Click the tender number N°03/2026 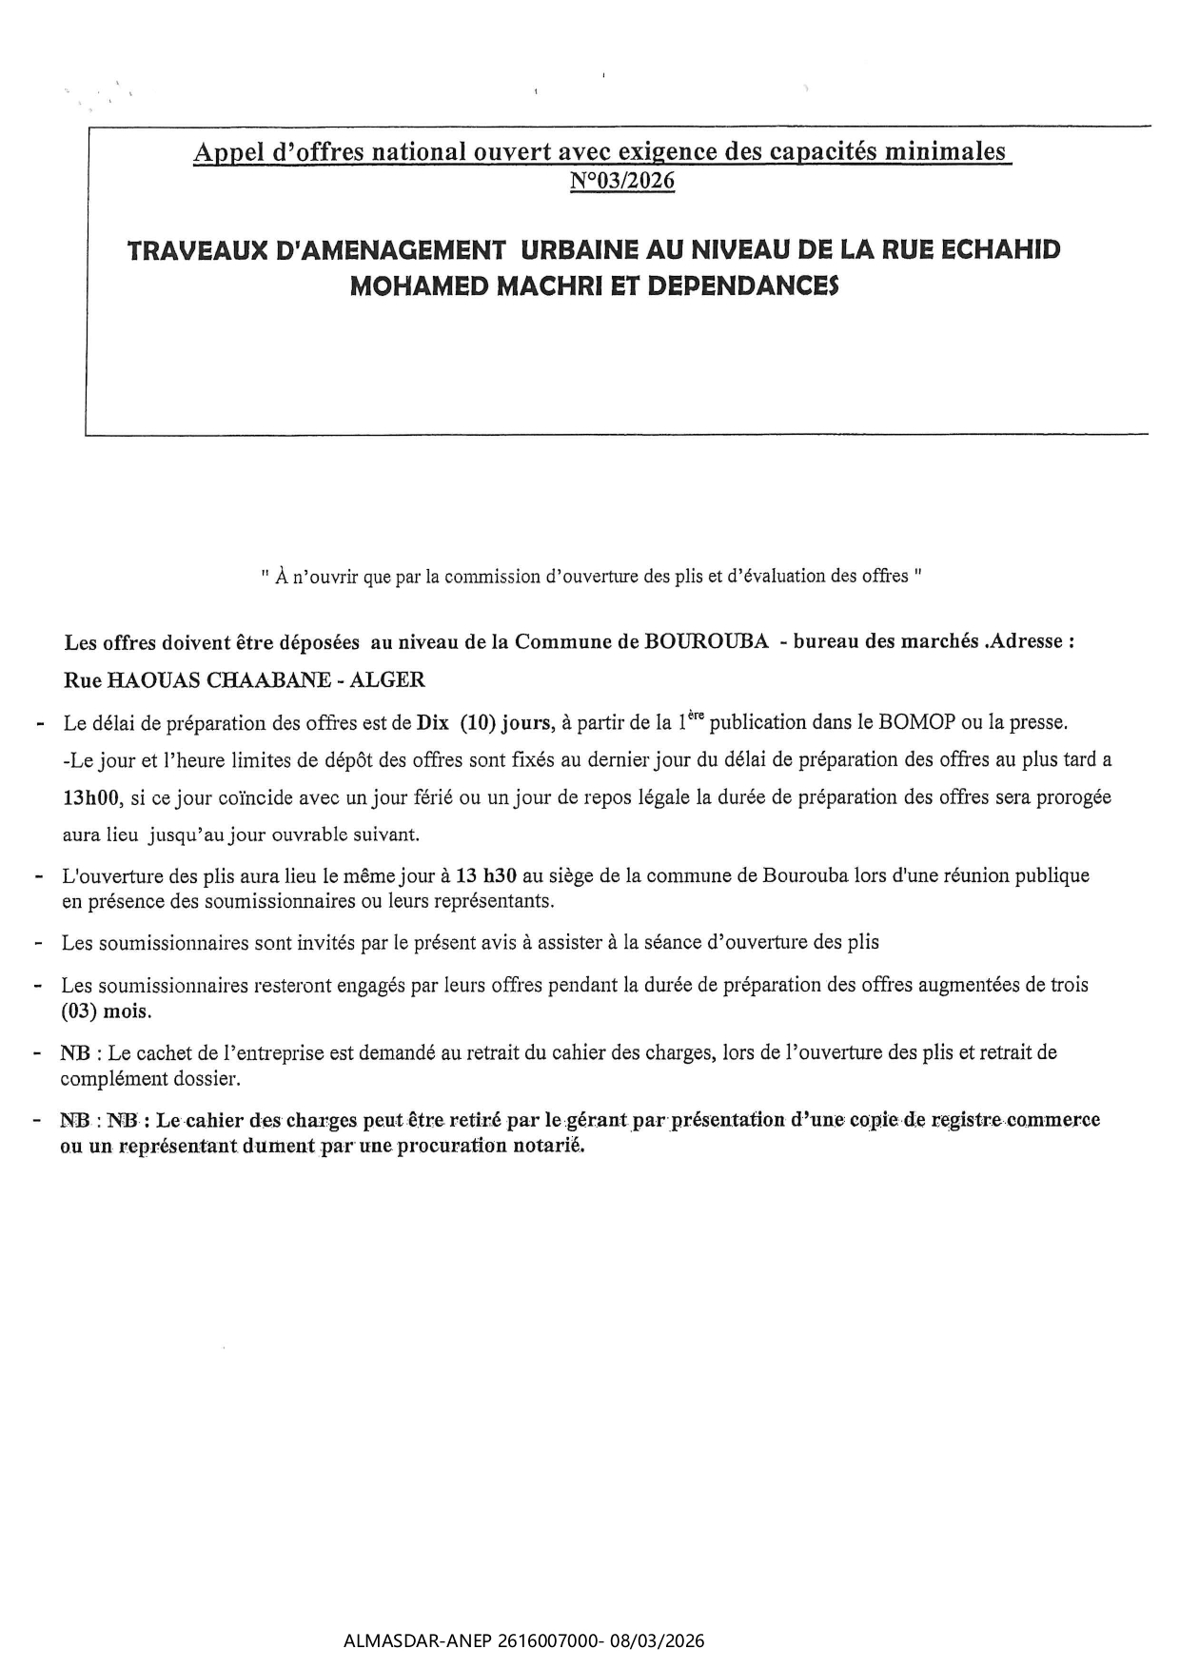(x=622, y=181)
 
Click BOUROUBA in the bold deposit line (x=706, y=641)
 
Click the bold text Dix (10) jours (x=485, y=722)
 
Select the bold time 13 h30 (x=486, y=875)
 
